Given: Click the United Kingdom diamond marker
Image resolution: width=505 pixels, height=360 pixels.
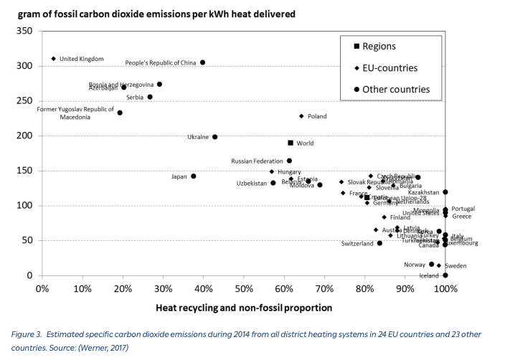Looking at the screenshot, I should coord(54,59).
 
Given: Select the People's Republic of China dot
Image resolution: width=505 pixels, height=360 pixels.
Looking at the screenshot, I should coord(203,62).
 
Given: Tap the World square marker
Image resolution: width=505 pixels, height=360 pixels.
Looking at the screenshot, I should coord(291,143).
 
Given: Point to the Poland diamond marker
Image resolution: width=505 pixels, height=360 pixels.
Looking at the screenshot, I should coord(302,116).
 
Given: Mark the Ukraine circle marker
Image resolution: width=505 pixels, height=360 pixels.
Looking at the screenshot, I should coord(215,137).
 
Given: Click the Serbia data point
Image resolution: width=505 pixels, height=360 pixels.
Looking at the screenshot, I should coord(150,97).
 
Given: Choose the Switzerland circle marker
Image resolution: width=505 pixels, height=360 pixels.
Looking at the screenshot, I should coord(379,243).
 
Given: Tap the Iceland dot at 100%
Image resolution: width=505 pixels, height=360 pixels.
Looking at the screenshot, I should coord(445,275).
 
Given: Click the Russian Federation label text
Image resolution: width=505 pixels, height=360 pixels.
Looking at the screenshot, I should coord(258,161).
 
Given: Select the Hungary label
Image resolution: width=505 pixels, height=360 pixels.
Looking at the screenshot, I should coord(289,172).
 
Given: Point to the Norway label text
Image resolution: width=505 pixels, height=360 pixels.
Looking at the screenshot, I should coord(414,265).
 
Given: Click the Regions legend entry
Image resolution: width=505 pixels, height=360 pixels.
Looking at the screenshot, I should coord(379,47).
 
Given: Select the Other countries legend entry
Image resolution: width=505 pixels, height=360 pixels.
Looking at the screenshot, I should coord(395,90).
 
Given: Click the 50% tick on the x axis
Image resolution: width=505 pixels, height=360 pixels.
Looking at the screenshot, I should coord(244,289).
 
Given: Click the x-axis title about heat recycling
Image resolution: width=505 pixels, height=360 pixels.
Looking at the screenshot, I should coord(244,308).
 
